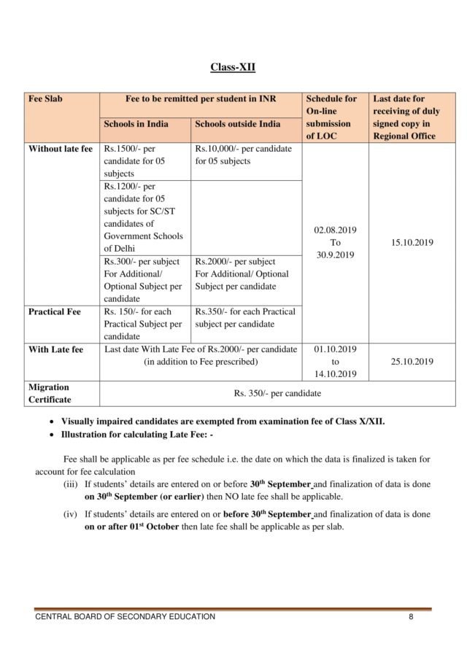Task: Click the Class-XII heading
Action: (233, 68)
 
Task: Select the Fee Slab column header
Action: (45, 98)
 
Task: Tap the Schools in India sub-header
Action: (136, 124)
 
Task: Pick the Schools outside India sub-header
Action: (237, 124)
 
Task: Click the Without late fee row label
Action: (60, 149)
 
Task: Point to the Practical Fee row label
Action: (54, 311)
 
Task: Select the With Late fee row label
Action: (55, 349)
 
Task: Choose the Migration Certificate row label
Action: (49, 394)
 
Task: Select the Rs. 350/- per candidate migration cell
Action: (277, 394)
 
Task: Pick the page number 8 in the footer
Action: (412, 617)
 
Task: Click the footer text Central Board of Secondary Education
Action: (126, 617)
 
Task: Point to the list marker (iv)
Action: (72, 514)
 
